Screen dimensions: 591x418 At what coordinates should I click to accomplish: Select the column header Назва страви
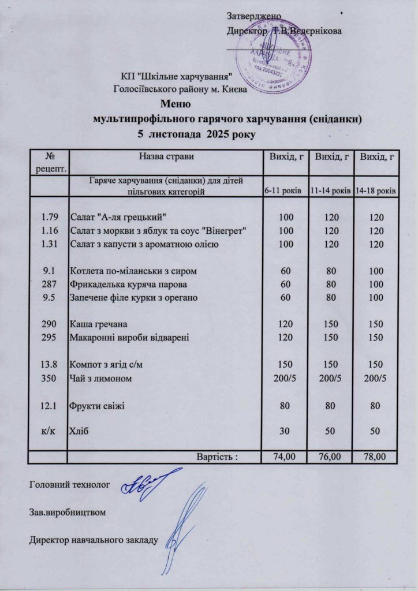[x=166, y=156]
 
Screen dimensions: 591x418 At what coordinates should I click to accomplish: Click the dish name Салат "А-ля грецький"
[x=118, y=217]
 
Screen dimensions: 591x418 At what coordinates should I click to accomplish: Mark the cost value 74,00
[x=284, y=457]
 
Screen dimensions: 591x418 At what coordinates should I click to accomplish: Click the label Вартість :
[x=218, y=457]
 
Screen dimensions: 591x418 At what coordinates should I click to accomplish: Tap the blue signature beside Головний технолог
[x=149, y=481]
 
